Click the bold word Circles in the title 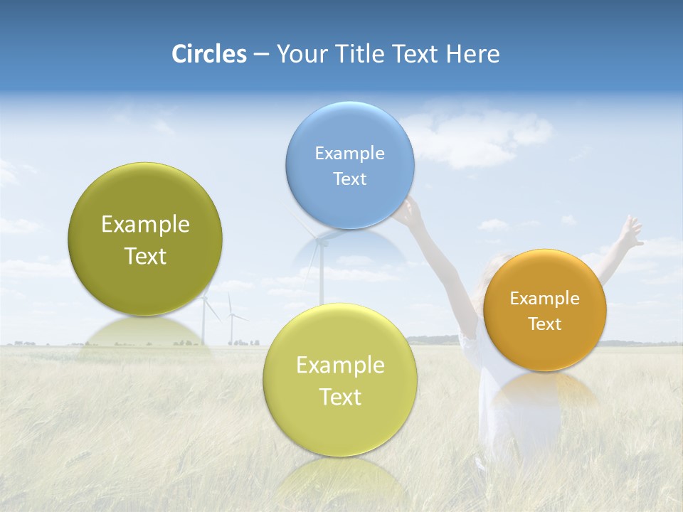(x=208, y=54)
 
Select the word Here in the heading (x=473, y=54)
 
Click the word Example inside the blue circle (x=349, y=154)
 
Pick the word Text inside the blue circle (x=349, y=179)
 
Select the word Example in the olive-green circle (x=145, y=225)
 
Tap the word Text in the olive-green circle (x=145, y=256)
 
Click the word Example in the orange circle (x=544, y=299)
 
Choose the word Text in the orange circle (x=544, y=324)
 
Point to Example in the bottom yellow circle (x=340, y=366)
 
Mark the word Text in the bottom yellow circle (x=340, y=397)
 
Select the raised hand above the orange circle (x=629, y=231)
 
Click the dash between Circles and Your (x=261, y=55)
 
